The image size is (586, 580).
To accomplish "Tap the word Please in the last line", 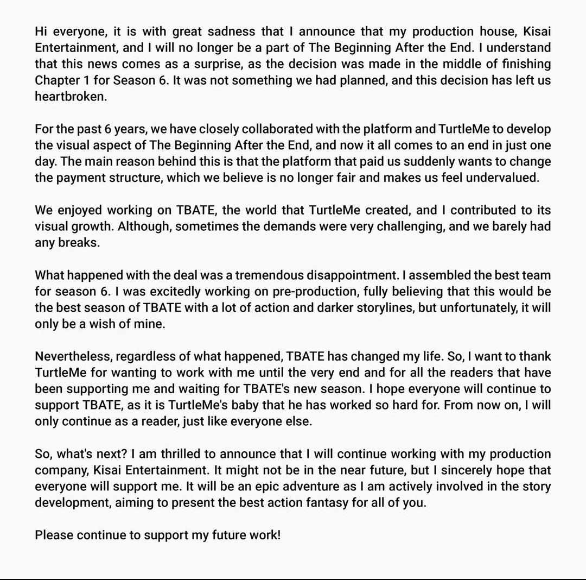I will [x=54, y=535].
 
